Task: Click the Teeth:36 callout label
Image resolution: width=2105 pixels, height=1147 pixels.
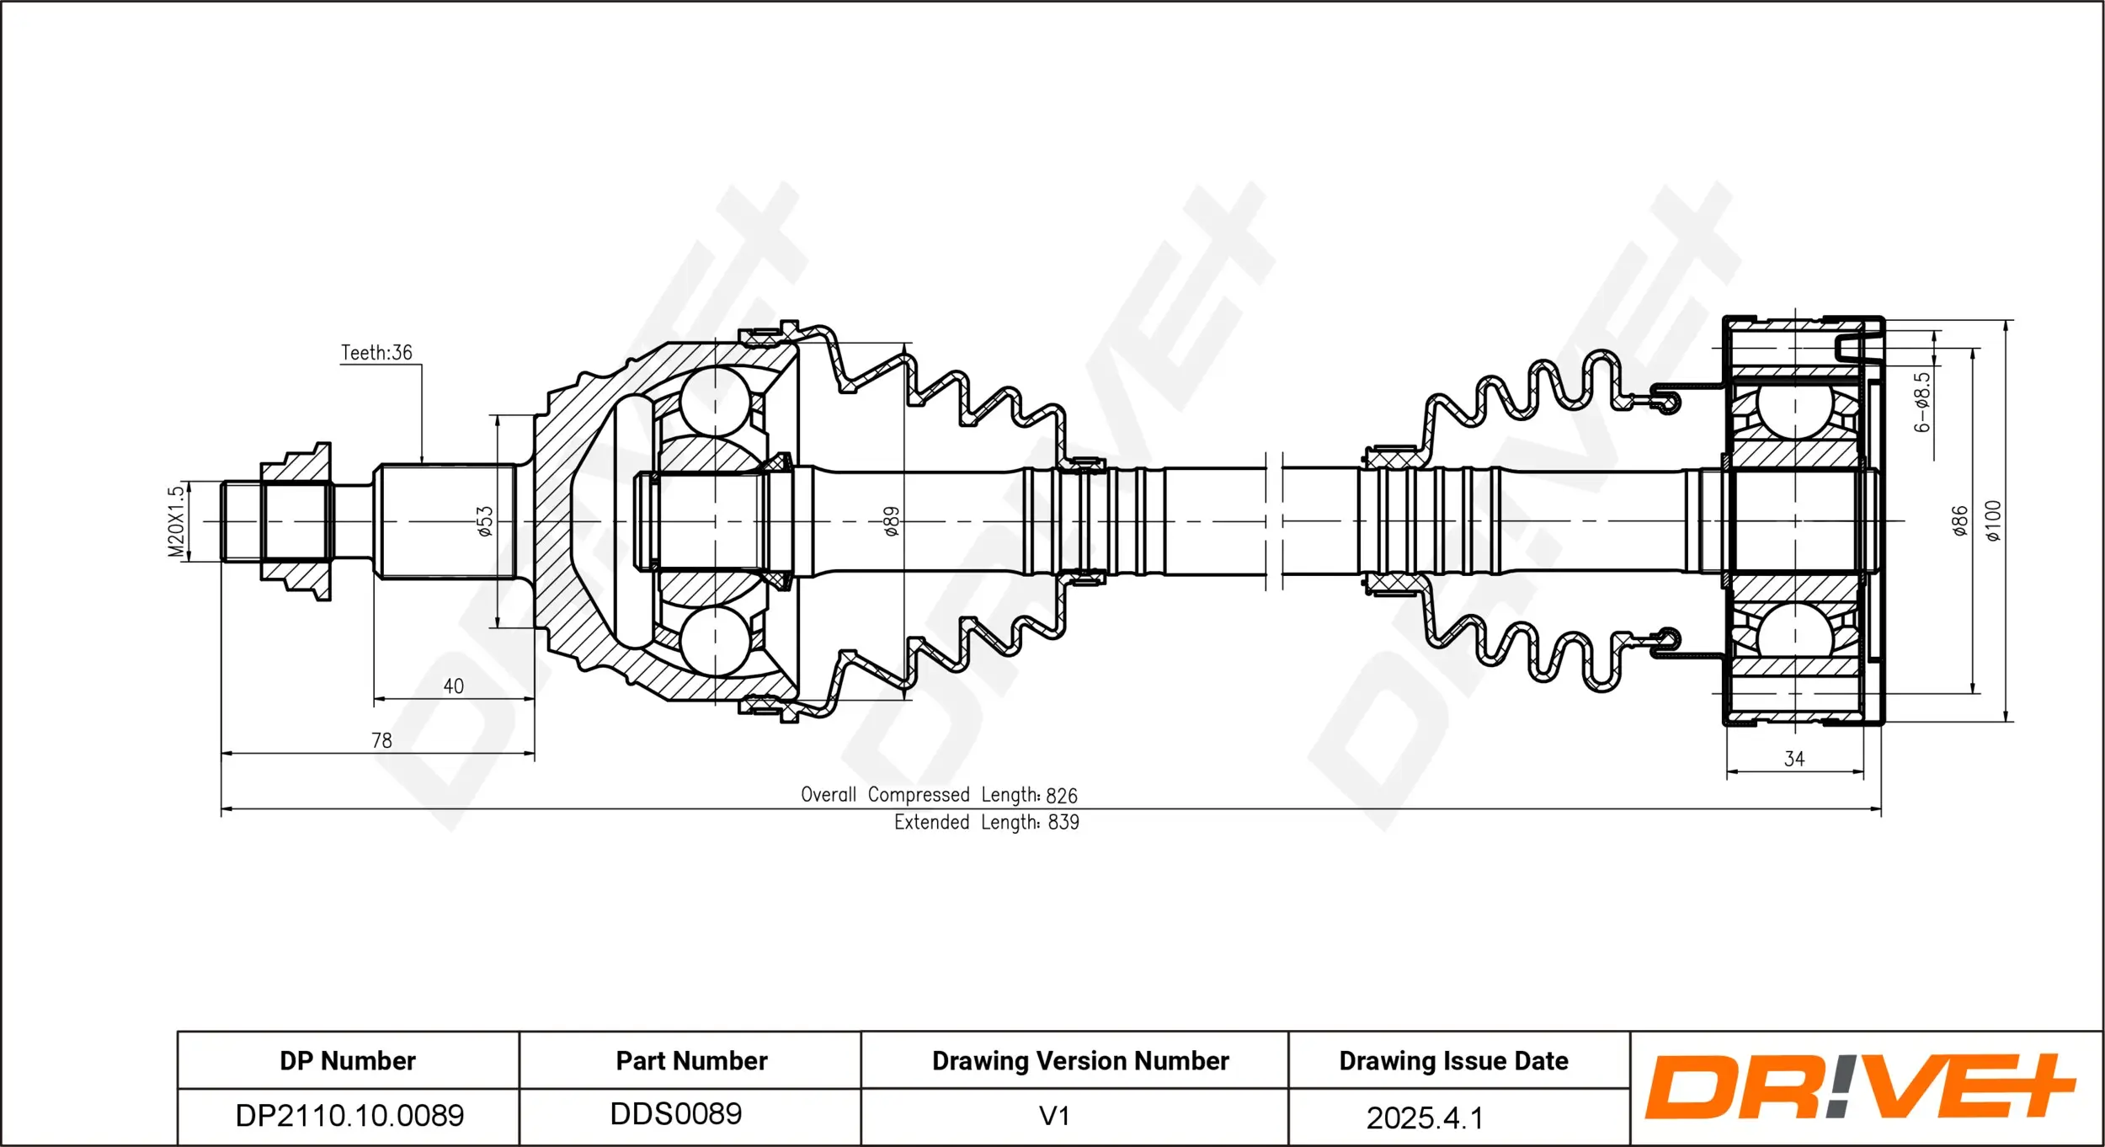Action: pyautogui.click(x=376, y=353)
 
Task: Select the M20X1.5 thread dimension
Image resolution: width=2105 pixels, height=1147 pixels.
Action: pyautogui.click(x=176, y=521)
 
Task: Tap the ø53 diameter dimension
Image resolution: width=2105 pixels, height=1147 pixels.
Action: pyautogui.click(x=485, y=521)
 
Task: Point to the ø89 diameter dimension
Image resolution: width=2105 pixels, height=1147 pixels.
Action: pyautogui.click(x=892, y=521)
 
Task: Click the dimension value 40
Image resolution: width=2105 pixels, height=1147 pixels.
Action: pyautogui.click(x=453, y=686)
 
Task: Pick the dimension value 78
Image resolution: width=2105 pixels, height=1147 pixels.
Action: pyautogui.click(x=381, y=740)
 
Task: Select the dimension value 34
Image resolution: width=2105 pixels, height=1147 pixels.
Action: pyautogui.click(x=1794, y=759)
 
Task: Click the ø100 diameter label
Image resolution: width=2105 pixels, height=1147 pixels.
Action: pyautogui.click(x=1993, y=520)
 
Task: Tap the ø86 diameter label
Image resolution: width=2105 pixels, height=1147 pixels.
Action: pyautogui.click(x=1960, y=520)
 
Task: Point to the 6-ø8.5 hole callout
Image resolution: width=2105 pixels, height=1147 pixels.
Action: pyautogui.click(x=1922, y=403)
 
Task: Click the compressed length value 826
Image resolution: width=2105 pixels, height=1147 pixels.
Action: pyautogui.click(x=1061, y=796)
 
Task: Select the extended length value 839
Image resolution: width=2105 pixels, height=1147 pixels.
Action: pyautogui.click(x=1063, y=823)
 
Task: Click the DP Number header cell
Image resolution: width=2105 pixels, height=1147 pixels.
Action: pyautogui.click(x=348, y=1061)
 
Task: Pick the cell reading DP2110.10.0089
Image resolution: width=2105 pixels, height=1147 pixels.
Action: pyautogui.click(x=349, y=1116)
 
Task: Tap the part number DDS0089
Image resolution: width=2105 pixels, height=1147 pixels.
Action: pyautogui.click(x=676, y=1114)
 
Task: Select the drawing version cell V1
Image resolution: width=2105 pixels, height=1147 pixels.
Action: pyautogui.click(x=1054, y=1117)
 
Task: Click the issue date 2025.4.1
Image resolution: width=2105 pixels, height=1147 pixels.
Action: pyautogui.click(x=1424, y=1118)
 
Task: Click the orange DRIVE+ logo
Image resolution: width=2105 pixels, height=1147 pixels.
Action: pyautogui.click(x=1860, y=1087)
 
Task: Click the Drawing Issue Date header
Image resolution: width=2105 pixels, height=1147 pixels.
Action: pyautogui.click(x=1453, y=1061)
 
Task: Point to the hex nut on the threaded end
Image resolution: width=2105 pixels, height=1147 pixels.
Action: pyautogui.click(x=296, y=521)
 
